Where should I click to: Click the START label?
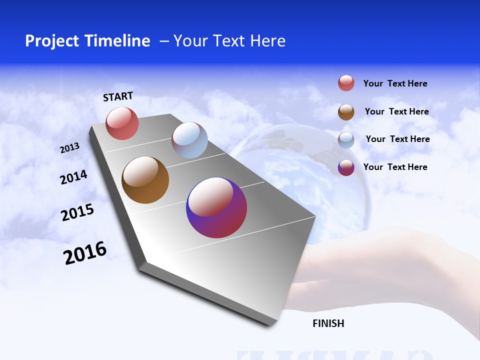pyautogui.click(x=118, y=96)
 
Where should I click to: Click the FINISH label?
pyautogui.click(x=328, y=323)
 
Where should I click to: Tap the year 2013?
pyautogui.click(x=69, y=148)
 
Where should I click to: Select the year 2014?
pyautogui.click(x=73, y=177)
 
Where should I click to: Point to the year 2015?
pyautogui.click(x=77, y=212)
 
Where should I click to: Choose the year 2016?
pyautogui.click(x=85, y=253)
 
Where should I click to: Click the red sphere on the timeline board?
pyautogui.click(x=122, y=123)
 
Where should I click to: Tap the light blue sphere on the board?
pyautogui.click(x=189, y=140)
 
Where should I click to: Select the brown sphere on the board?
pyautogui.click(x=145, y=180)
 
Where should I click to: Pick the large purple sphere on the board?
pyautogui.click(x=216, y=207)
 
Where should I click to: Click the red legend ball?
pyautogui.click(x=346, y=83)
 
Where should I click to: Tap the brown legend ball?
pyautogui.click(x=346, y=112)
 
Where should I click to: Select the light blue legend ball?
pyautogui.click(x=346, y=140)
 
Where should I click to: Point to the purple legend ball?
pyautogui.click(x=346, y=167)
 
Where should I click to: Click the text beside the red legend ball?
pyautogui.click(x=395, y=83)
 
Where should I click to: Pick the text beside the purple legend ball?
pyautogui.click(x=395, y=167)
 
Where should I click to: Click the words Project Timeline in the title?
pyautogui.click(x=87, y=41)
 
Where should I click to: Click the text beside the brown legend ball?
pyautogui.click(x=396, y=111)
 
